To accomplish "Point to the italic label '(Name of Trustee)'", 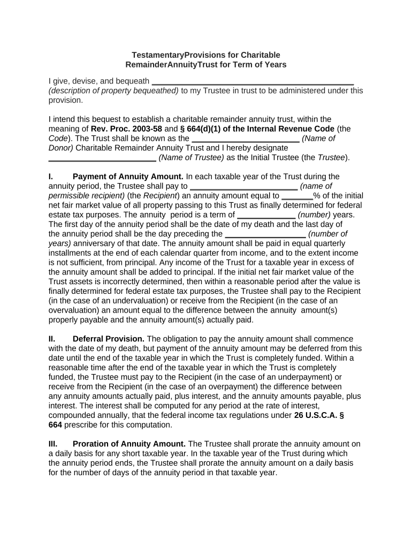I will tap(191, 157).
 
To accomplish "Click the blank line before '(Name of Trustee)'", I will tap(102, 158).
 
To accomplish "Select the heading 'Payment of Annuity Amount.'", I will tap(128, 176).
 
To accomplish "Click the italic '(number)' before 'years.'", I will tap(314, 215).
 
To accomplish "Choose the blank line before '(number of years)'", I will tap(265, 235).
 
